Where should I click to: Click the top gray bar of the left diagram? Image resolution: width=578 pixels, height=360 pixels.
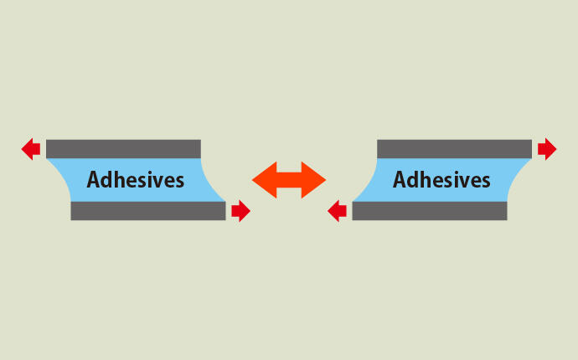(123, 149)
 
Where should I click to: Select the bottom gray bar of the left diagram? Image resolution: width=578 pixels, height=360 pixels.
(148, 211)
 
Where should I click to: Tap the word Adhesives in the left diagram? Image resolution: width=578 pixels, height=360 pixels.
(135, 179)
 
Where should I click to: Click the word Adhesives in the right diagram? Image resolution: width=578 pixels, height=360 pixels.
(441, 179)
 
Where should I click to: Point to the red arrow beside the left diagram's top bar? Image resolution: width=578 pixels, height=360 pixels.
(31, 149)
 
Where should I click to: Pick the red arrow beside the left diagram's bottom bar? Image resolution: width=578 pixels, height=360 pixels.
(241, 211)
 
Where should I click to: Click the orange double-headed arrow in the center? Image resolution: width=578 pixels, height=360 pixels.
(289, 180)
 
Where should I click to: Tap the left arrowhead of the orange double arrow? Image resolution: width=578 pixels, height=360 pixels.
(265, 180)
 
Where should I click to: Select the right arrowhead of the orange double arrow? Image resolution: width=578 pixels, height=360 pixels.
(313, 180)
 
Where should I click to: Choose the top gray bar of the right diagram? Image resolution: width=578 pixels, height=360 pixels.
(455, 149)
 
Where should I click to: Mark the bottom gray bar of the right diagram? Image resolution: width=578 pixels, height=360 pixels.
(430, 211)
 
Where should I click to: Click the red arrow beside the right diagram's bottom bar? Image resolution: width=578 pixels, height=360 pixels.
(337, 211)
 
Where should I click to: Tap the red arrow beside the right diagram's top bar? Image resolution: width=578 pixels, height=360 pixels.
(547, 149)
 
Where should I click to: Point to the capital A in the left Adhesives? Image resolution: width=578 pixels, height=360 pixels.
(93, 180)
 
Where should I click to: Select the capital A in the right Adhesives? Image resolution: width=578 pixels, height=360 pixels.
(400, 180)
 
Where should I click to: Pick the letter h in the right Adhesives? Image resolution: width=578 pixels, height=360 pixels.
(426, 179)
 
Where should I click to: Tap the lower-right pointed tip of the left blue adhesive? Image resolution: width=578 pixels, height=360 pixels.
(224, 201)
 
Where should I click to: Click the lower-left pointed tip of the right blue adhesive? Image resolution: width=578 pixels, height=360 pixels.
(354, 201)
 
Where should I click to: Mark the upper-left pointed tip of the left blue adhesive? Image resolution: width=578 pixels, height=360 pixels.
(47, 159)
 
